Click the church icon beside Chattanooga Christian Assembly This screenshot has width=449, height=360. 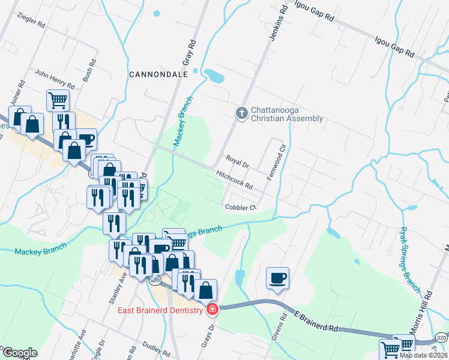241,113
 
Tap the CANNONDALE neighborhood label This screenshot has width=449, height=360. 159,74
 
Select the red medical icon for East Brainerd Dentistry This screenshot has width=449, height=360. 212,310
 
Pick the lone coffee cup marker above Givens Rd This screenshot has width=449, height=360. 277,278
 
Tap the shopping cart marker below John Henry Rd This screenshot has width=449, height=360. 58,100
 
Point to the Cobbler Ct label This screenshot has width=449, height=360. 241,208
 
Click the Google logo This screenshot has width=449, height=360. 19,353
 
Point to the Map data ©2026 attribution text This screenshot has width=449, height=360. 422,355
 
